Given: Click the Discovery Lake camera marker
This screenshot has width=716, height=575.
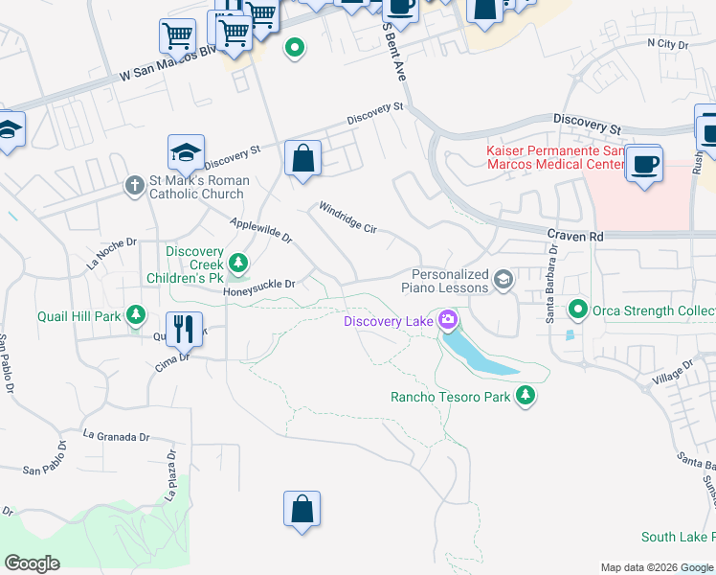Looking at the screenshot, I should point(447,320).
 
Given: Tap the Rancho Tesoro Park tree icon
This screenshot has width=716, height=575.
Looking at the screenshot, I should point(525,396).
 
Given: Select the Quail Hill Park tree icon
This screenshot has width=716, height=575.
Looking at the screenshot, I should point(136,314).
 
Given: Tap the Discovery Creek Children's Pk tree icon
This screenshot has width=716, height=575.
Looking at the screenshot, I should point(237,262).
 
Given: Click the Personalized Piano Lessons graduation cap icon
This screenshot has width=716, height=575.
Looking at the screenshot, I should point(503,280).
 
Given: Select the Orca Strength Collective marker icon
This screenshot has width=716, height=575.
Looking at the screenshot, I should point(577,310).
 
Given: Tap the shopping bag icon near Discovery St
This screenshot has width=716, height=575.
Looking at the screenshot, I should point(302,158).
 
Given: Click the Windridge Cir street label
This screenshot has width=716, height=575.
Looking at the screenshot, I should point(348,217).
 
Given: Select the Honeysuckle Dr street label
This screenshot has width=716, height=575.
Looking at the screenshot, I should point(259,284).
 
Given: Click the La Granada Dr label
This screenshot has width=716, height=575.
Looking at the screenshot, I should point(117,436).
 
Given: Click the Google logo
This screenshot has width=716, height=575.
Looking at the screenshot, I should point(32,563).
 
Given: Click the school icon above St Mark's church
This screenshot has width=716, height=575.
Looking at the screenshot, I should point(187,151).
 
